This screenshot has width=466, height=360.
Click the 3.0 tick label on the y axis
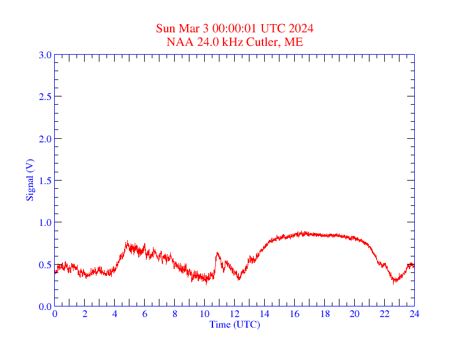coord(45,55)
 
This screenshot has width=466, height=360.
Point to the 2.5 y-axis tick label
coord(45,96)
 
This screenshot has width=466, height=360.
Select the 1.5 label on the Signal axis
coord(45,181)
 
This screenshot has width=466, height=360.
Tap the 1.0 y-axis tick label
coord(45,222)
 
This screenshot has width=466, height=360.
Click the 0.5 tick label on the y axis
coord(45,265)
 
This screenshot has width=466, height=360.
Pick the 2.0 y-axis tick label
coord(45,139)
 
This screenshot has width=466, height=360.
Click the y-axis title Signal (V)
coord(29,181)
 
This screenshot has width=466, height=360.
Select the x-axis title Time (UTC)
coord(234,324)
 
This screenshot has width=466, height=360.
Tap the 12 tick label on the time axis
coord(235,314)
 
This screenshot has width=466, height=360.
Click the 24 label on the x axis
coord(414,314)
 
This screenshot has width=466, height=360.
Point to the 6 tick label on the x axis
coord(145,314)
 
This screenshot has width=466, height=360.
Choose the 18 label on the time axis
coord(325,314)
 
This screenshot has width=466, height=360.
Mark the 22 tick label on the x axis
coord(384,314)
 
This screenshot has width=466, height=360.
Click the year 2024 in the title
coord(301,28)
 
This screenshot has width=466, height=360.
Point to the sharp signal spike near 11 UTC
coord(217,254)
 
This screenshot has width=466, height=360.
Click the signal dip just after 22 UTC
coord(394,281)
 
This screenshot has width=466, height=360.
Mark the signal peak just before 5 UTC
coord(127,242)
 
